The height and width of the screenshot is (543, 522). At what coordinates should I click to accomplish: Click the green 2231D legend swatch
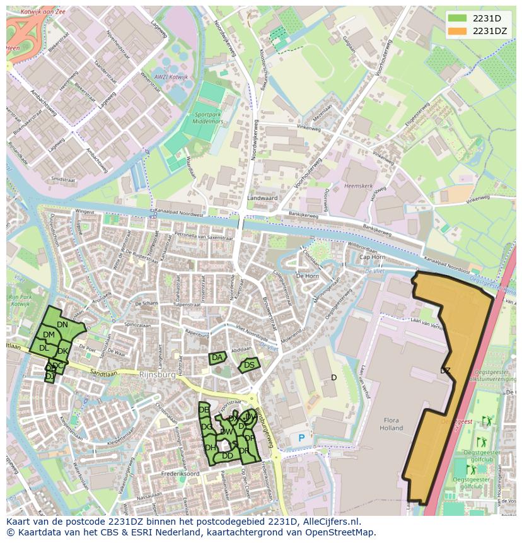(458, 19)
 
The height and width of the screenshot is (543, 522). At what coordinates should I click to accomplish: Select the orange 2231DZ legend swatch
(458, 31)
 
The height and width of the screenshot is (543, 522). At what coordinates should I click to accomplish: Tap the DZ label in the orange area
(445, 371)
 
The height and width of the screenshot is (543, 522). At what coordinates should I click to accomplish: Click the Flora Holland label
(391, 424)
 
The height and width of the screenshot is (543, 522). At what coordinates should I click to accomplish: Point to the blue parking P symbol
(301, 438)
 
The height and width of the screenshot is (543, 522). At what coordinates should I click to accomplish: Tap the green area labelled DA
(217, 358)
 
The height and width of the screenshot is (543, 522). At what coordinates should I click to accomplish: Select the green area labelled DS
(249, 365)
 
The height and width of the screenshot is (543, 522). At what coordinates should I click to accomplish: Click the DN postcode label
(62, 325)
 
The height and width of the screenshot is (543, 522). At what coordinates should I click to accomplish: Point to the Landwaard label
(262, 197)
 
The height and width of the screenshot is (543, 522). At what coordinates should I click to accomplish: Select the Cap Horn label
(372, 257)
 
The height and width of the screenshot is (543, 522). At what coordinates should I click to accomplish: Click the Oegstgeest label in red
(456, 422)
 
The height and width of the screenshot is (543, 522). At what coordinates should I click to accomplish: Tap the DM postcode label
(49, 335)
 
